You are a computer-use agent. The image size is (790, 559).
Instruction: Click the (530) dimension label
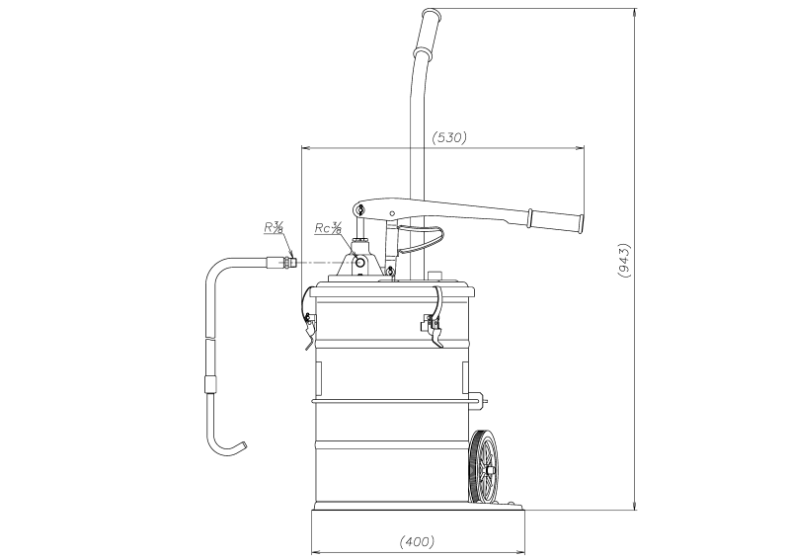pos(449,137)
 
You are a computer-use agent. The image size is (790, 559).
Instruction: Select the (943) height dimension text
pos(623,260)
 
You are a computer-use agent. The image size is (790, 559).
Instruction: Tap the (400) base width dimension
pos(417,542)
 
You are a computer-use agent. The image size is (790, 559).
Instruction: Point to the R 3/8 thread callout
pos(275,227)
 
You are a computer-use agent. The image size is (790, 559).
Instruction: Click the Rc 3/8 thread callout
pos(329,228)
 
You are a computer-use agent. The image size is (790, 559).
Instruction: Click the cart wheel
pos(483,467)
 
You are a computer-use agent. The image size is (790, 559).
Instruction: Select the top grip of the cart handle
pos(427,32)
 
